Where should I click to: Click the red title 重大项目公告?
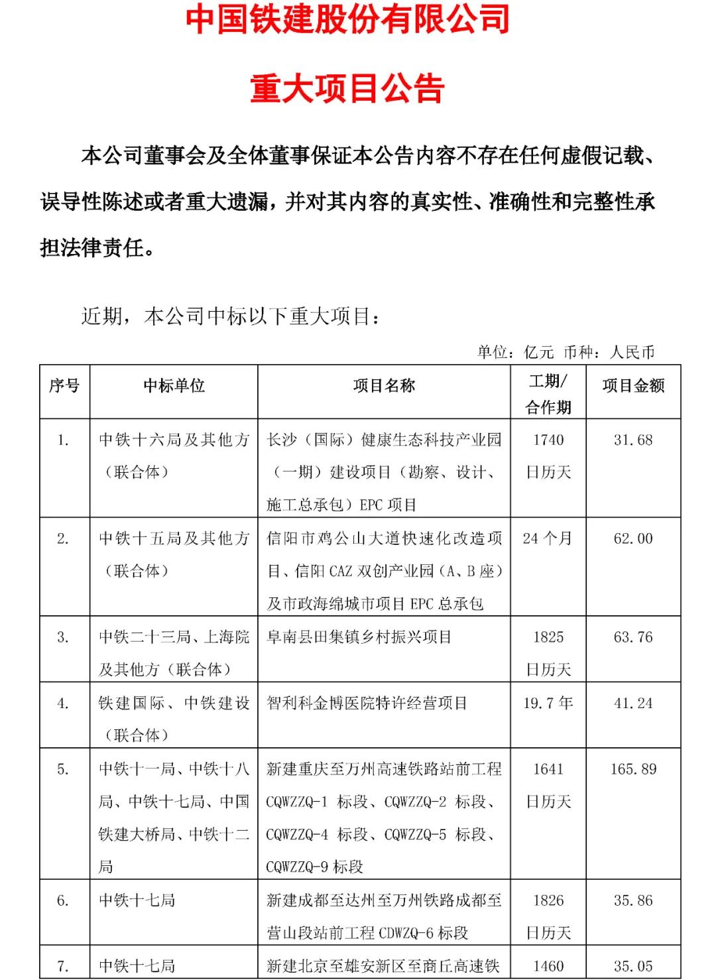[347, 89]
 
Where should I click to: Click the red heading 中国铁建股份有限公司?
[347, 19]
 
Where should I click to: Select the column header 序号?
[64, 386]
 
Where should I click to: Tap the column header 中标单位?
[174, 386]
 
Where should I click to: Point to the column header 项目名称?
[384, 386]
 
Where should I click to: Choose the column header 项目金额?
[633, 386]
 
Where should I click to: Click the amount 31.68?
[633, 440]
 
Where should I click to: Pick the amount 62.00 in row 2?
[633, 538]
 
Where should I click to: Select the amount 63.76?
[633, 637]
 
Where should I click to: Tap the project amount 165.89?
[633, 769]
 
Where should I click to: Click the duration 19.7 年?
[548, 703]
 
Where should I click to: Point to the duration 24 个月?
[548, 538]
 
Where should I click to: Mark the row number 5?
[63, 769]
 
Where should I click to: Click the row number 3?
[63, 637]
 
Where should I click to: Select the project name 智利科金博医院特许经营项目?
[367, 703]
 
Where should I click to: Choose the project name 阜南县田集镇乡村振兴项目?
[359, 637]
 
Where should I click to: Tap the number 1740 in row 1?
[548, 440]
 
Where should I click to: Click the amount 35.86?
[633, 900]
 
